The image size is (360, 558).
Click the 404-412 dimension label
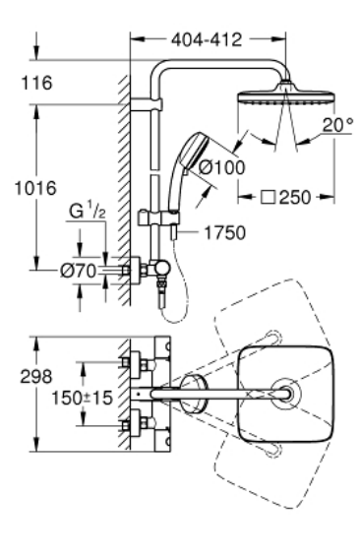[x=206, y=39]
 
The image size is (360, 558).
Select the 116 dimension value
[x=36, y=83]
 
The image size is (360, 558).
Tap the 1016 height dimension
[x=35, y=188]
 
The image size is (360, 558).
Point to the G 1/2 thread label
[x=88, y=211]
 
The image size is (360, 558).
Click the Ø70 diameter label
[x=79, y=272]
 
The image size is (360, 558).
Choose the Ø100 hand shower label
[x=221, y=167]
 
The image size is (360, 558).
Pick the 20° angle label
[x=337, y=125]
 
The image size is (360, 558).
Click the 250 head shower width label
[x=295, y=197]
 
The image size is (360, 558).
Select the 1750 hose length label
[x=225, y=232]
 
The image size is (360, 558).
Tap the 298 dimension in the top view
[x=36, y=377]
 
